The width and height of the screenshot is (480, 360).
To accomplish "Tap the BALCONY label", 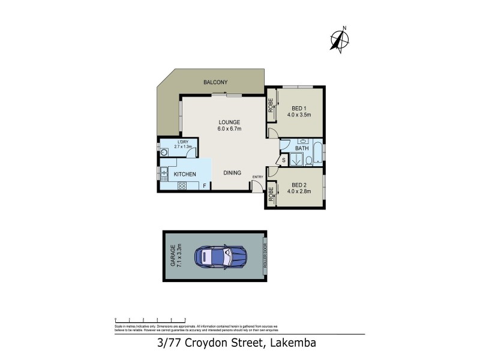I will coord(214,82).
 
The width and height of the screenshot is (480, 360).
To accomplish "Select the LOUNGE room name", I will coord(229,122).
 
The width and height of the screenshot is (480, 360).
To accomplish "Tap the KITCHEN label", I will coord(185,174).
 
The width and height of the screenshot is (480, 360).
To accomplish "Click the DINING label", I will coord(232,173).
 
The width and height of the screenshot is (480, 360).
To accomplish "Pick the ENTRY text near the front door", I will coord(258,177).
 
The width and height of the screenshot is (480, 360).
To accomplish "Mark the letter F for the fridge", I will coord(205,186).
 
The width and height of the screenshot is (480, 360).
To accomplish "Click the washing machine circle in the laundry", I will coord(164,152).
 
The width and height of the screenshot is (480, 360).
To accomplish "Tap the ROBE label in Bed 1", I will coord(271,106).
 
